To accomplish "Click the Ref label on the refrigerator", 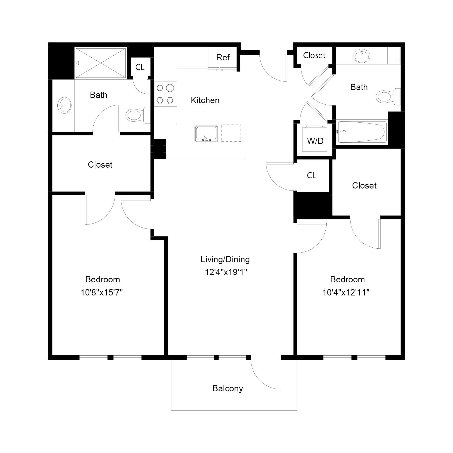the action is pyautogui.click(x=223, y=57).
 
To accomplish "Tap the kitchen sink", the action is pyautogui.click(x=206, y=134).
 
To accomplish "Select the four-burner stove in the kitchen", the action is pyautogui.click(x=165, y=94).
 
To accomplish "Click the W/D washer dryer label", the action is pyautogui.click(x=315, y=141).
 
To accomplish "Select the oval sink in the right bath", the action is pyautogui.click(x=362, y=56).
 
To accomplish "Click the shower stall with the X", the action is pyautogui.click(x=101, y=63).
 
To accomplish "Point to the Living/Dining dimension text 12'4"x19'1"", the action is pyautogui.click(x=226, y=272).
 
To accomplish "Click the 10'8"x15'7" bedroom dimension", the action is pyautogui.click(x=102, y=292).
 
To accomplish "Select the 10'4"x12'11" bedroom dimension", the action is pyautogui.click(x=346, y=292).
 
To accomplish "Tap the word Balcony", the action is pyautogui.click(x=228, y=389).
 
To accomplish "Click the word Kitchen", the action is pyautogui.click(x=205, y=100).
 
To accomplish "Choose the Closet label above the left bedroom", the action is pyautogui.click(x=100, y=165).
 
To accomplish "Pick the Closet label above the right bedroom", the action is pyautogui.click(x=364, y=185).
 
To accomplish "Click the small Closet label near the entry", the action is pyautogui.click(x=314, y=55).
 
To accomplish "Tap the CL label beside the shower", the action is pyautogui.click(x=140, y=67).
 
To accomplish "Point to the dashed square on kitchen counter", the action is pyautogui.click(x=231, y=133).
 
